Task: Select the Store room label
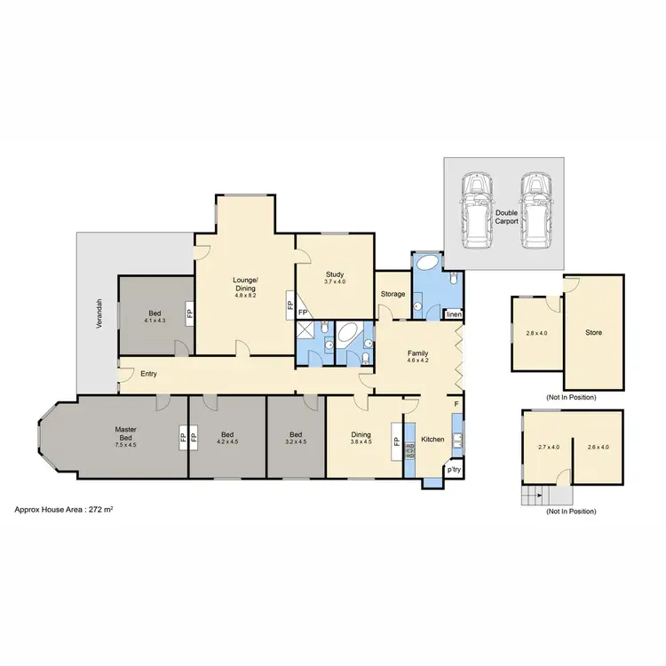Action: pos(594,333)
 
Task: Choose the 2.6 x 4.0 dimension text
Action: pos(598,447)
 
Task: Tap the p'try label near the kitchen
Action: pos(455,469)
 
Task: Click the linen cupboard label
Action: pos(454,314)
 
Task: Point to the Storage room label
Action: pos(393,294)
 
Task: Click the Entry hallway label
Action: pos(148,374)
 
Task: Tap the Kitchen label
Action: pos(432,440)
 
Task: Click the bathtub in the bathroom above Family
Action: pos(428,264)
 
